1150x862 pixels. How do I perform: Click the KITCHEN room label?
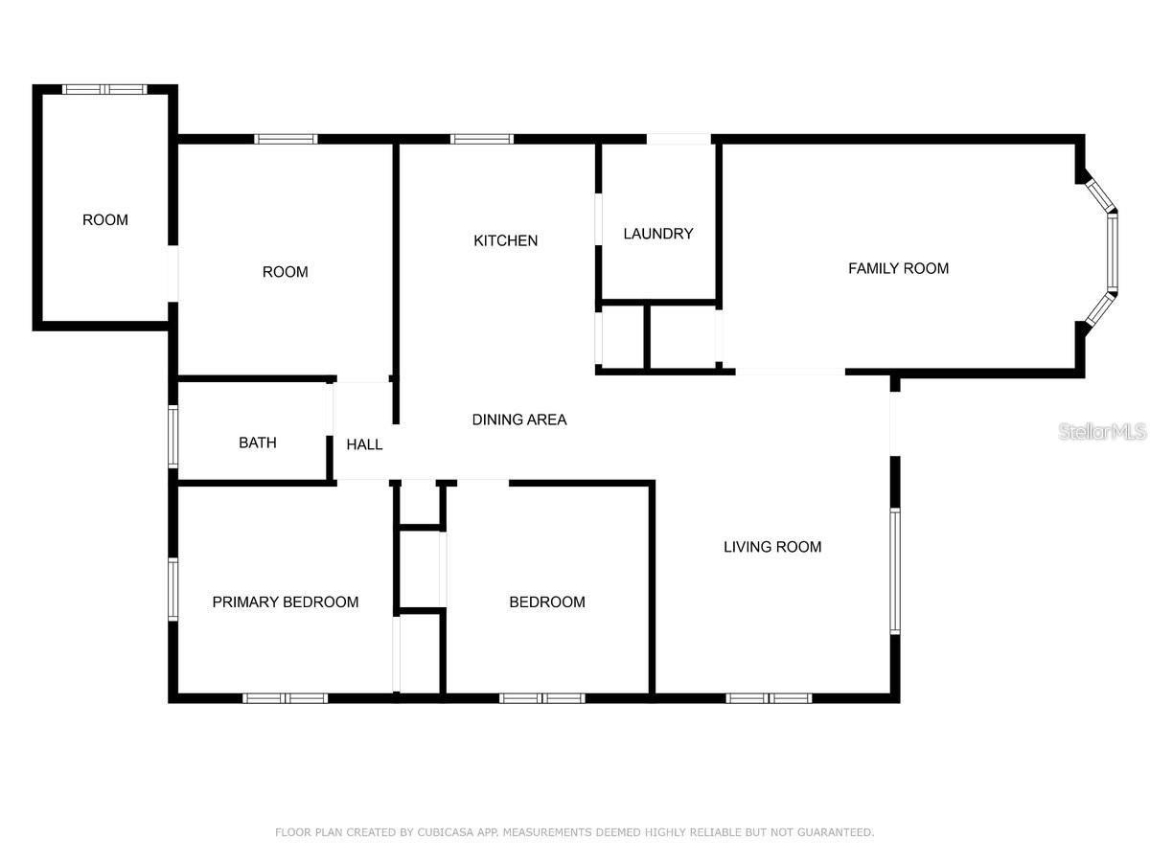click(x=505, y=240)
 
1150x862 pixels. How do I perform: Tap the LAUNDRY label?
click(x=657, y=234)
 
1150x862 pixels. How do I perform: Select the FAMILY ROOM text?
click(x=898, y=268)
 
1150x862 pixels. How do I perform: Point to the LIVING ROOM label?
click(x=771, y=547)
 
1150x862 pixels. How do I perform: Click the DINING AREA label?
click(x=519, y=420)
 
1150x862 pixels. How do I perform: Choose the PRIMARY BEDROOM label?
click(x=285, y=601)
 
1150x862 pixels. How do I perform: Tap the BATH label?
click(x=257, y=442)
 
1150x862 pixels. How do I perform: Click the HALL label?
click(x=364, y=444)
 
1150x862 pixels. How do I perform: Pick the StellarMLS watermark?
click(x=1102, y=432)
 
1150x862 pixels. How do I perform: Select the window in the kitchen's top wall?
click(x=482, y=139)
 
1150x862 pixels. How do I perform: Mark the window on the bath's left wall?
click(x=173, y=437)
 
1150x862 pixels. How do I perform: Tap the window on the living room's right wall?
click(x=895, y=571)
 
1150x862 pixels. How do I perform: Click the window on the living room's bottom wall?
click(x=769, y=698)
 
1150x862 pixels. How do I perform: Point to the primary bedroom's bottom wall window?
click(x=285, y=698)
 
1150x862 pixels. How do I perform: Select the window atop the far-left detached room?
click(x=103, y=89)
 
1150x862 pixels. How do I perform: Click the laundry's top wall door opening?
click(x=678, y=139)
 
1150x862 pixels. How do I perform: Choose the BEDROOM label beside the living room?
click(x=546, y=601)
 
